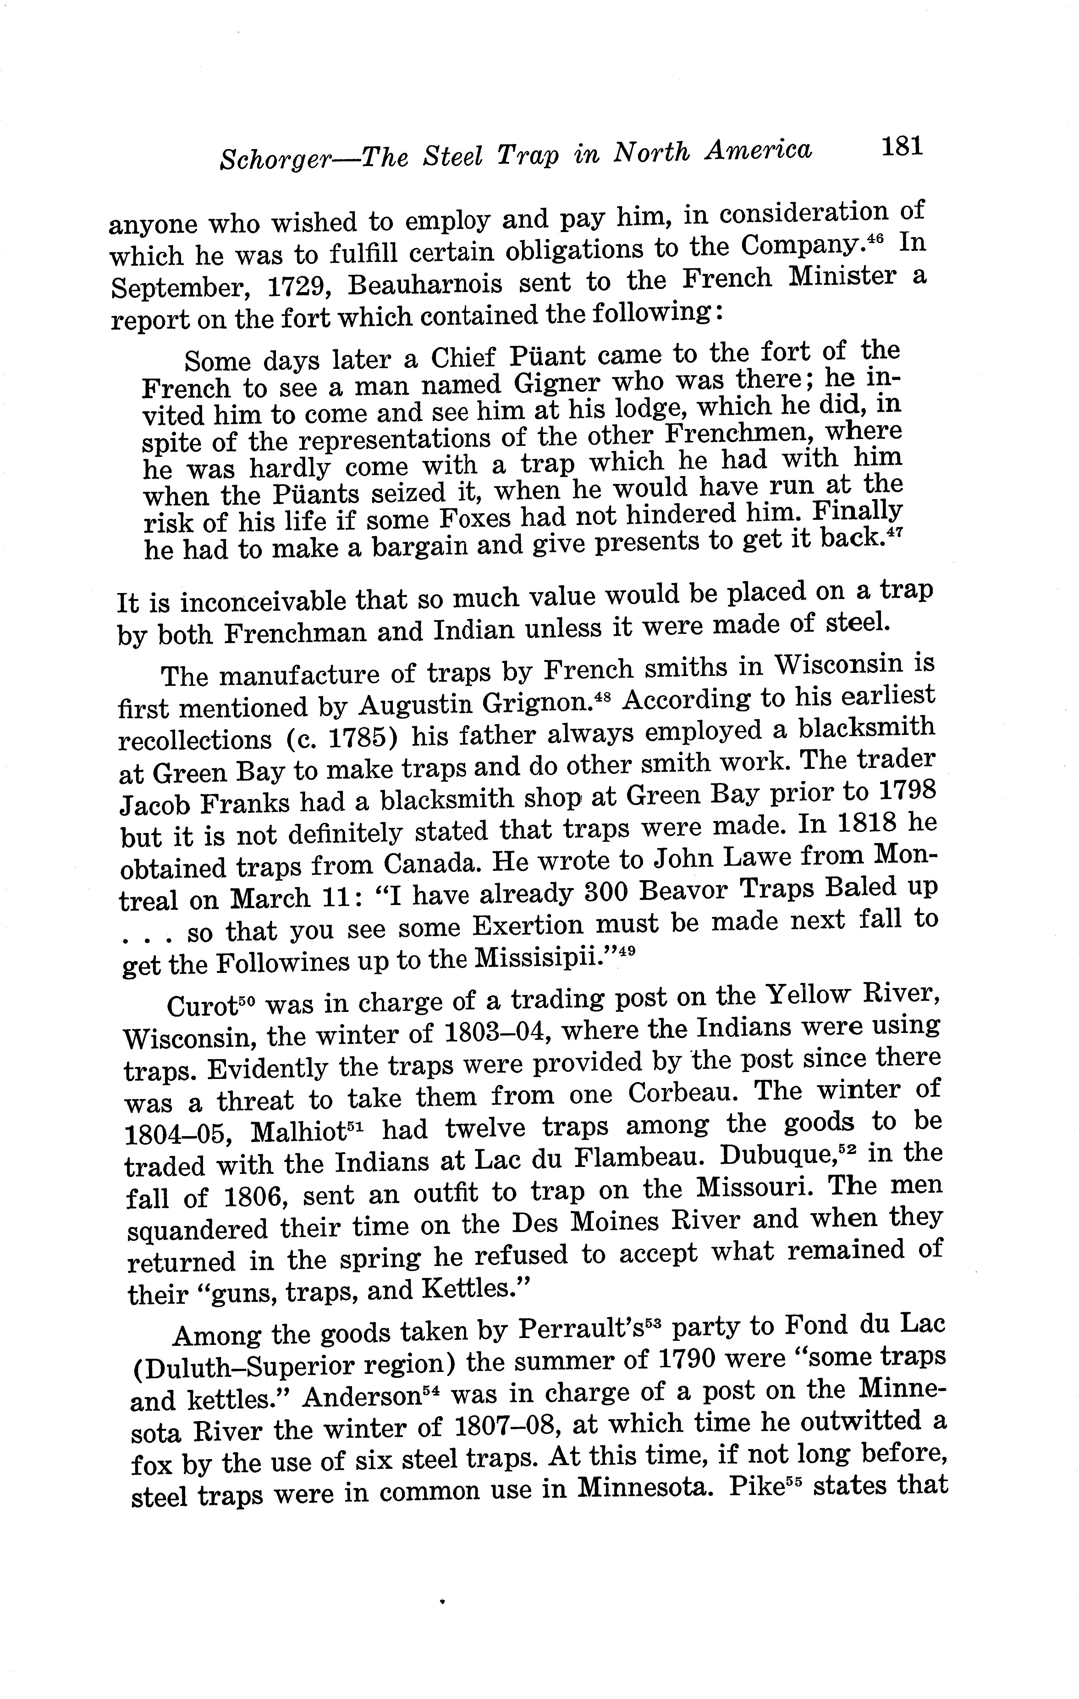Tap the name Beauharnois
click(x=425, y=284)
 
